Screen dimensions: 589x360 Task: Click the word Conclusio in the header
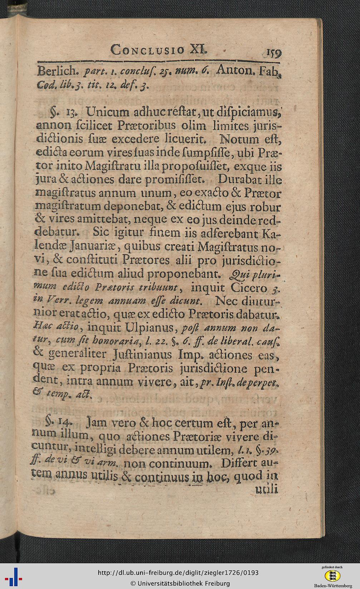point(148,50)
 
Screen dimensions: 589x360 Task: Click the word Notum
point(239,139)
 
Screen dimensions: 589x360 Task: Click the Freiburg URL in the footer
point(178,573)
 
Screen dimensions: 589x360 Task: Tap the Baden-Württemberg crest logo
point(332,575)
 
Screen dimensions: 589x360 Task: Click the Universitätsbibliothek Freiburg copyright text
point(180,583)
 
